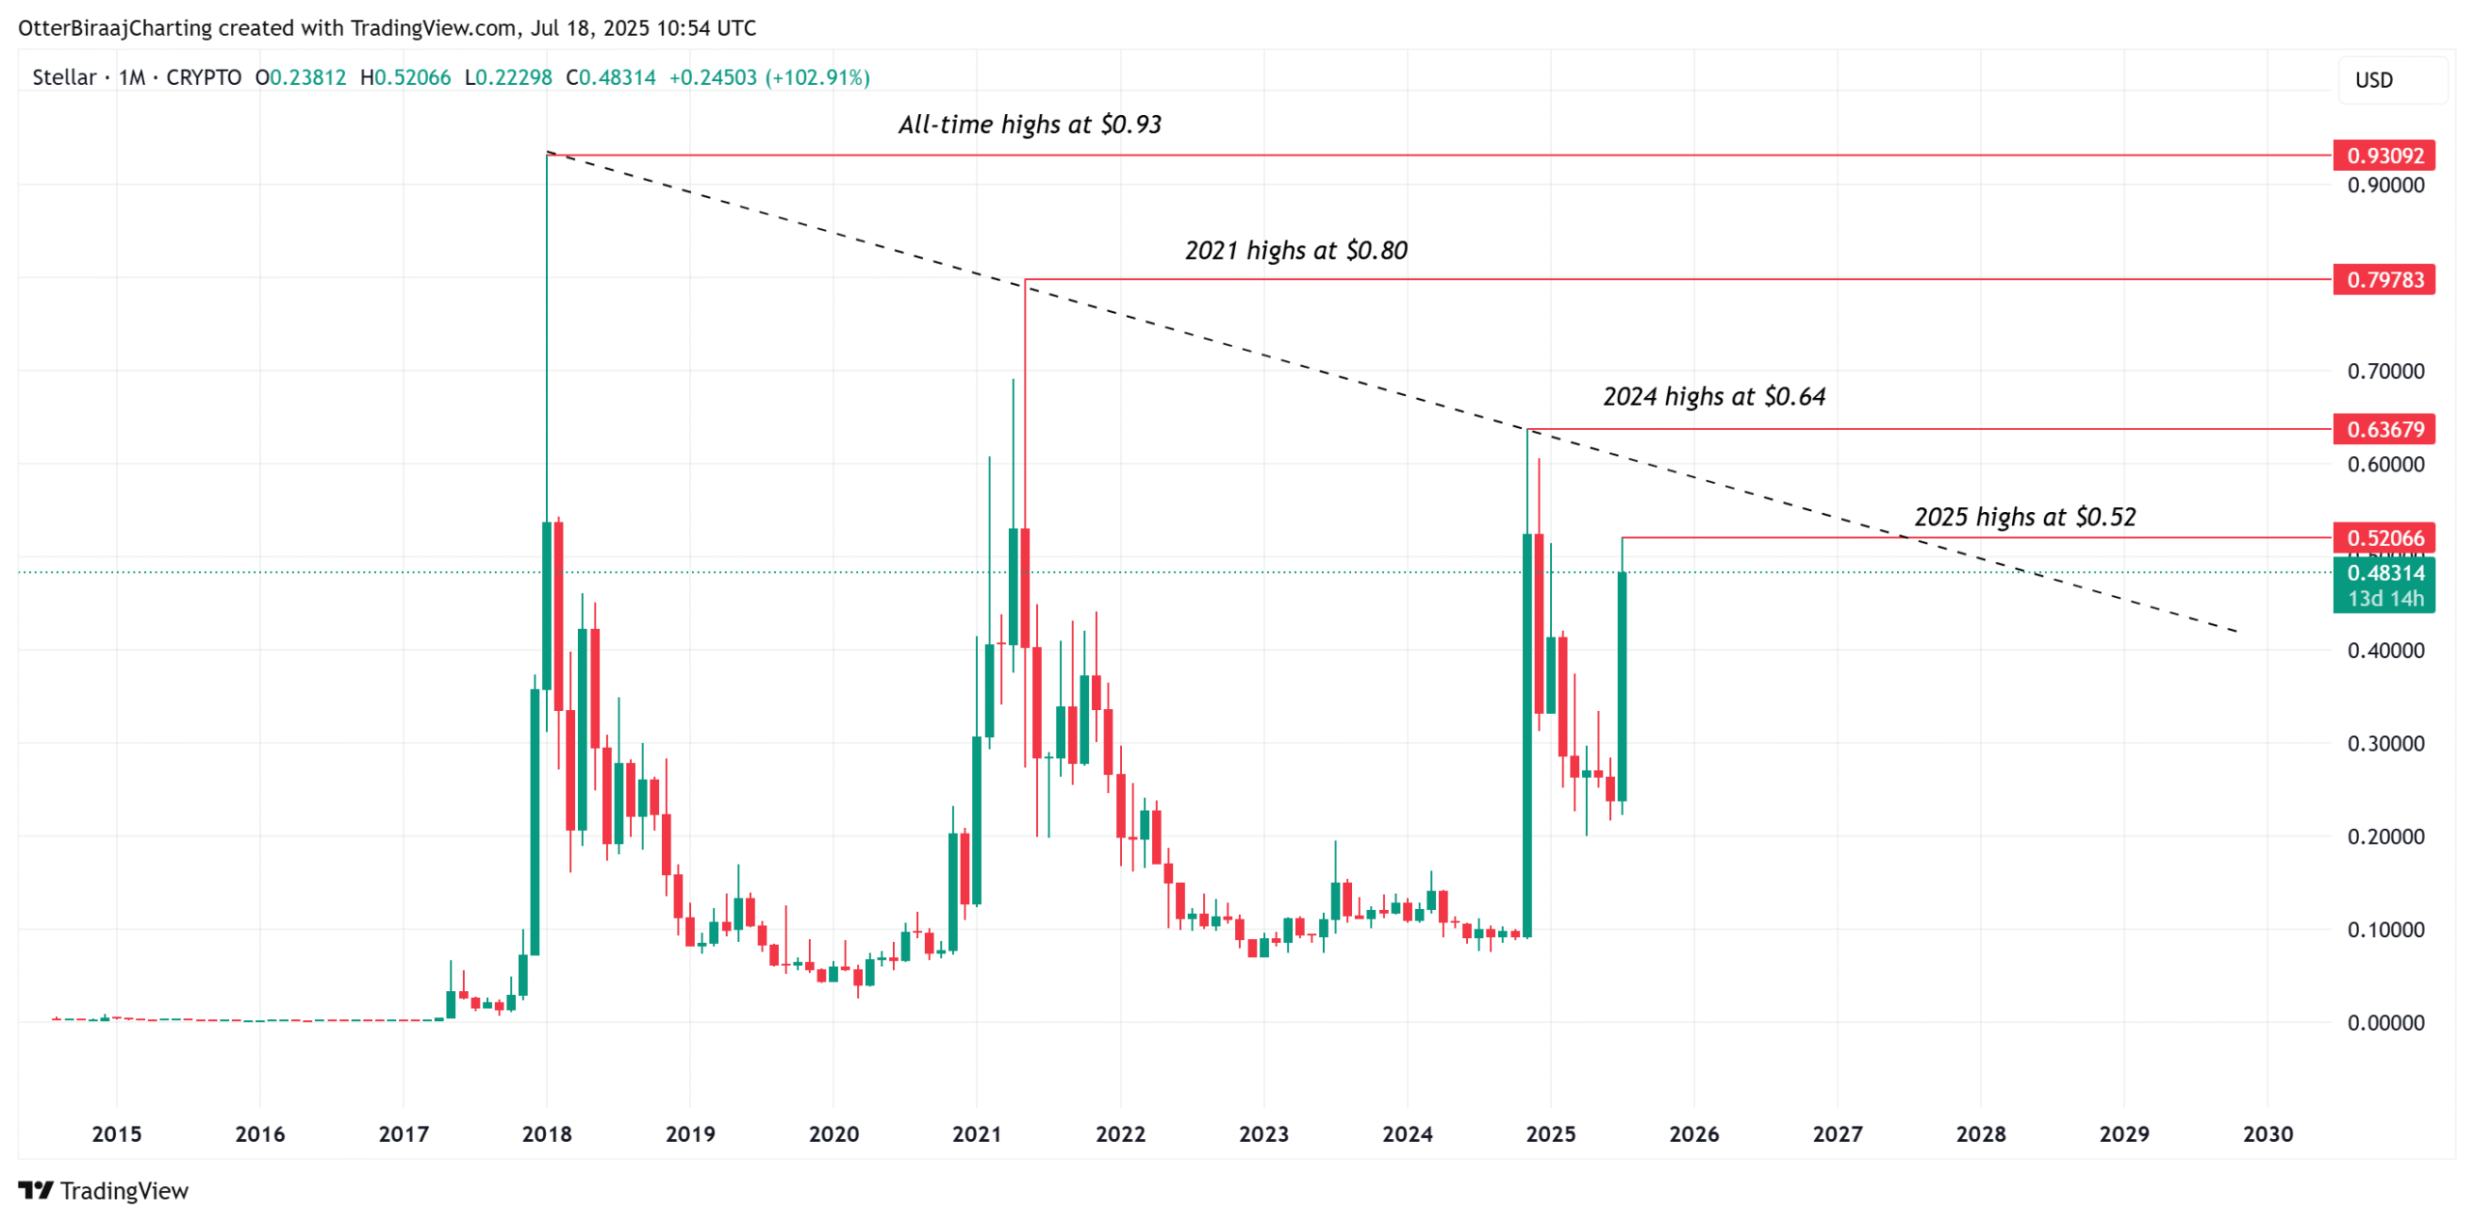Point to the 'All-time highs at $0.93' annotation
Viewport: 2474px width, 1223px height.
[1029, 125]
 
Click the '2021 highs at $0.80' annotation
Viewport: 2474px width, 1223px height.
[1295, 250]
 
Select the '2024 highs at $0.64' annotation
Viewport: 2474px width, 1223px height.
[1713, 396]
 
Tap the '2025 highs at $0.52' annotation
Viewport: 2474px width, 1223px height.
[2024, 517]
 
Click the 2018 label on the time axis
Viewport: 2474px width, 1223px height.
[546, 1133]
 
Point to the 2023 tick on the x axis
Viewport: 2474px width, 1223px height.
[1263, 1133]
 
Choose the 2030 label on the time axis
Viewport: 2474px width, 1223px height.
[2266, 1133]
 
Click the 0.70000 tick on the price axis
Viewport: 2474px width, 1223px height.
[2384, 371]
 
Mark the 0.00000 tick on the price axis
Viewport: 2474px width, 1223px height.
[2384, 1022]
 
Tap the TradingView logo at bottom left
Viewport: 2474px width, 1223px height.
[103, 1190]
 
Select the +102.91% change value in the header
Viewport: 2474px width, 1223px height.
[818, 77]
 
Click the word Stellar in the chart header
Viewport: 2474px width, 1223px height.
[64, 77]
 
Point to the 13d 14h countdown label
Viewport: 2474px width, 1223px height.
[2384, 599]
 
